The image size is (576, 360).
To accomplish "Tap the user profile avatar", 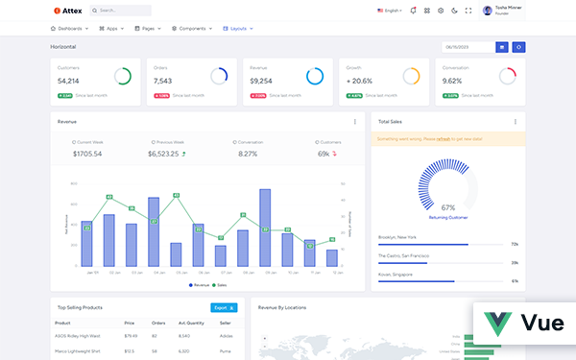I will click(488, 11).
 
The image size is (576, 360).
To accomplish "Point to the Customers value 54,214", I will click(68, 82).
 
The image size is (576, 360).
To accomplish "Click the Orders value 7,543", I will click(162, 82).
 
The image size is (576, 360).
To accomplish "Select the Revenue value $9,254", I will click(261, 82).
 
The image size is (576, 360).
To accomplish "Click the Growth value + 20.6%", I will click(359, 82).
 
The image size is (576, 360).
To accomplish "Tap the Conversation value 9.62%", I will click(452, 82).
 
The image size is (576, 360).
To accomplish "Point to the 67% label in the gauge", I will click(447, 207).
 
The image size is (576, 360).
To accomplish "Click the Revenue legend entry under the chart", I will click(198, 284).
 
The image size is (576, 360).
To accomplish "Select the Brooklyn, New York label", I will click(397, 236).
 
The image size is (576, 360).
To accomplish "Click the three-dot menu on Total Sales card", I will click(515, 122).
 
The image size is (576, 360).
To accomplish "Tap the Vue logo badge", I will click(524, 324).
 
